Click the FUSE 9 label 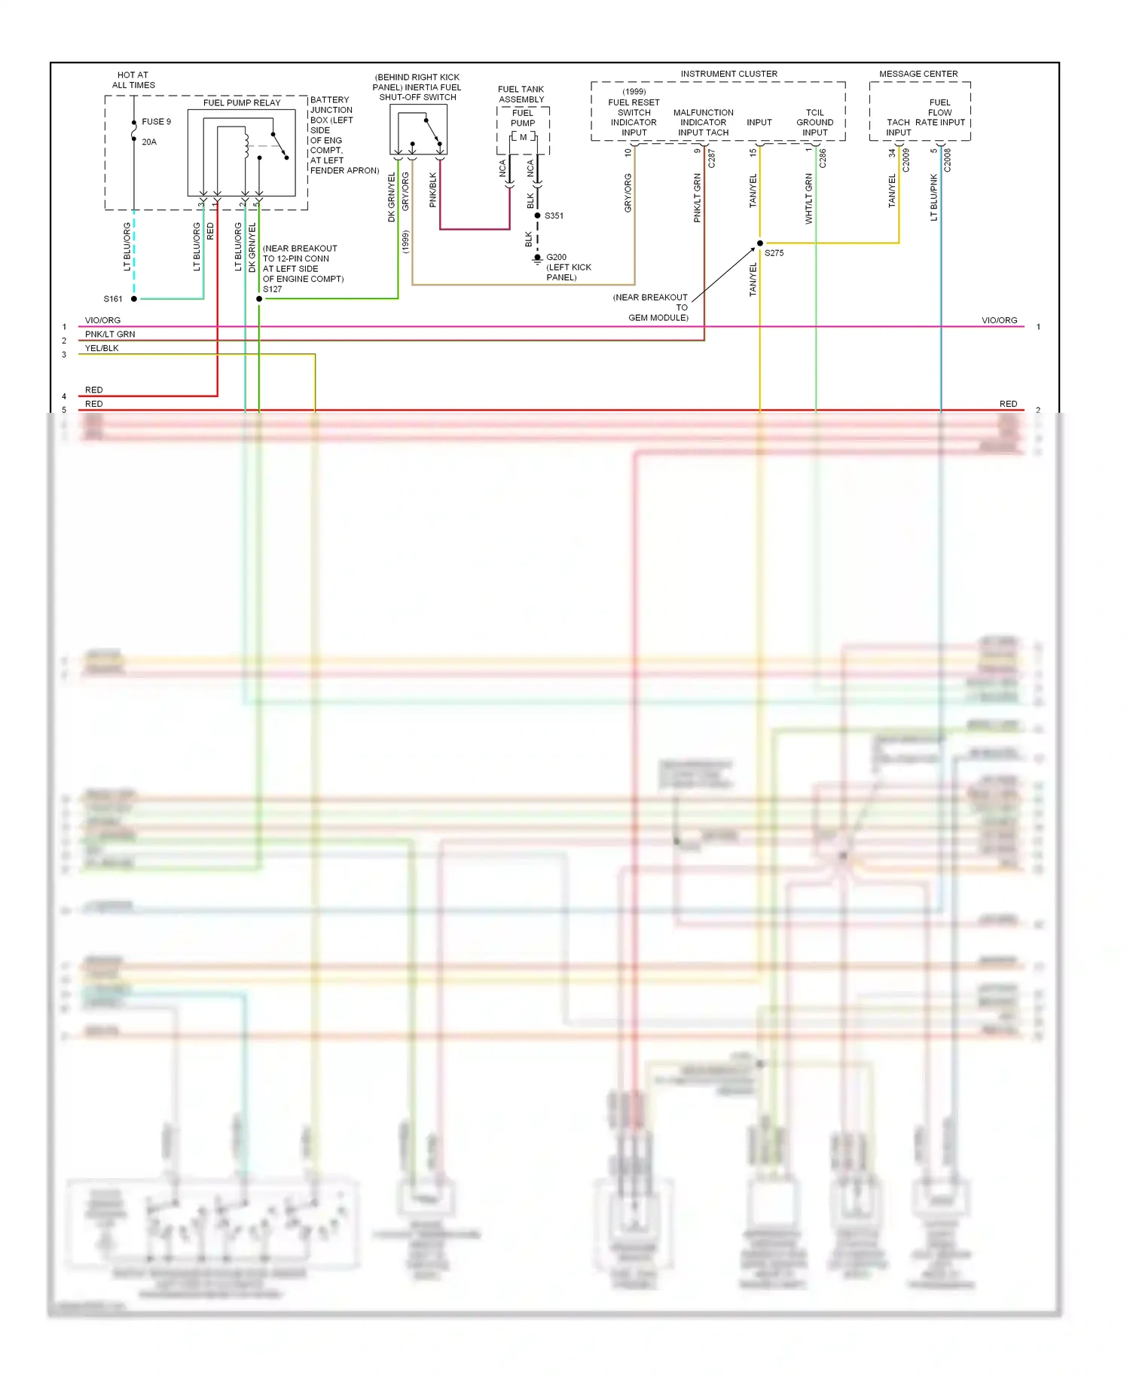click(156, 121)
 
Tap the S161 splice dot click(134, 299)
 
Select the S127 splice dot click(259, 299)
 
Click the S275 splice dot click(759, 243)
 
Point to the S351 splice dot click(537, 215)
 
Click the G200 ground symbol click(537, 259)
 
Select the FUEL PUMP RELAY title click(241, 102)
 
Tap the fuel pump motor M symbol click(523, 137)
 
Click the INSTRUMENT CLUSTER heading click(728, 74)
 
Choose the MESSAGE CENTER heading click(918, 74)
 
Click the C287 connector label click(711, 158)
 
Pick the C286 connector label click(823, 158)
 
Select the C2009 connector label click(906, 160)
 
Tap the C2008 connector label click(948, 160)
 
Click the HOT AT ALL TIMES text click(133, 80)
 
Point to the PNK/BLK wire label click(433, 190)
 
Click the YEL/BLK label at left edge click(102, 348)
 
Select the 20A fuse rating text click(149, 142)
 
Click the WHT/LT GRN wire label click(809, 199)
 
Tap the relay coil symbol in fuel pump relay click(246, 145)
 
